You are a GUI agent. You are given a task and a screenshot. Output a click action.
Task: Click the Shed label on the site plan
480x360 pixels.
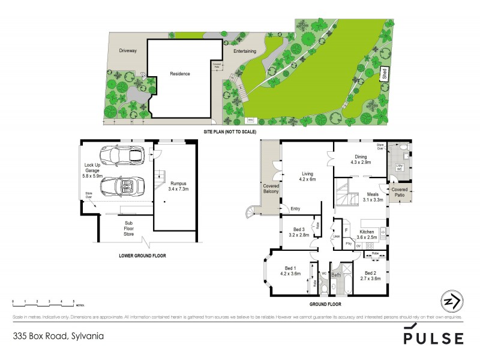coord(384,75)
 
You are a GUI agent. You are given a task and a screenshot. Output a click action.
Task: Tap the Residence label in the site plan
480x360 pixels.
coord(179,74)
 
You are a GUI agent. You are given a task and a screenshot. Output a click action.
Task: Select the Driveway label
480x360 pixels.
coord(128,51)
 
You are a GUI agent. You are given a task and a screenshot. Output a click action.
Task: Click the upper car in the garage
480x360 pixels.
coord(123,155)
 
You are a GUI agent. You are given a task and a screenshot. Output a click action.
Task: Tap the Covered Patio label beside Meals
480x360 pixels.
coord(399,192)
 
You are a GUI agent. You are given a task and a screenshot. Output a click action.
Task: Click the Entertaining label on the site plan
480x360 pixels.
coord(245,52)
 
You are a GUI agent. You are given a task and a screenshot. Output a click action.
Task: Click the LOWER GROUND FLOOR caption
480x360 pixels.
coord(138,256)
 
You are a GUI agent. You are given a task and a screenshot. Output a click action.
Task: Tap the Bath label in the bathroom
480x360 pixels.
coord(337,275)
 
